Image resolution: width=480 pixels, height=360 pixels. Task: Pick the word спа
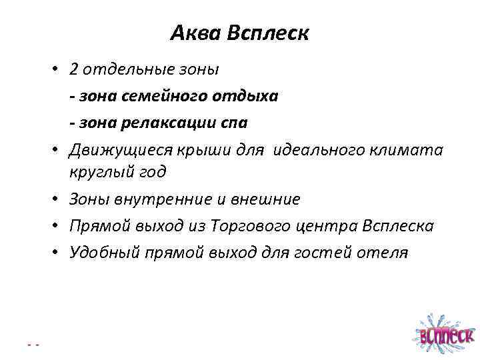(235, 123)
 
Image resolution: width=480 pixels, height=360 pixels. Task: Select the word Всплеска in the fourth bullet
(397, 227)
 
